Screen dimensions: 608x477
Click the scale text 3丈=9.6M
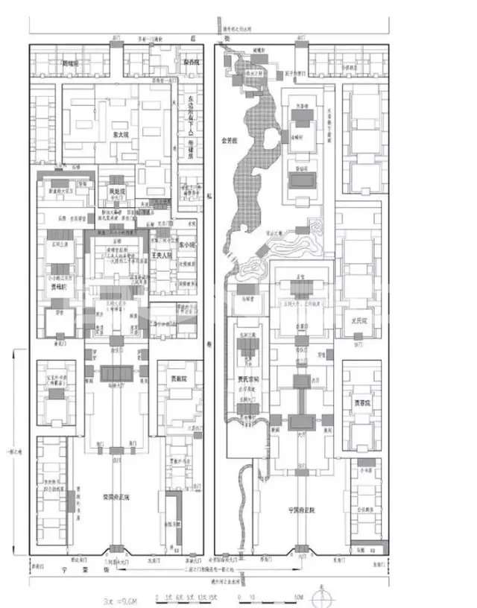pos(124,598)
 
